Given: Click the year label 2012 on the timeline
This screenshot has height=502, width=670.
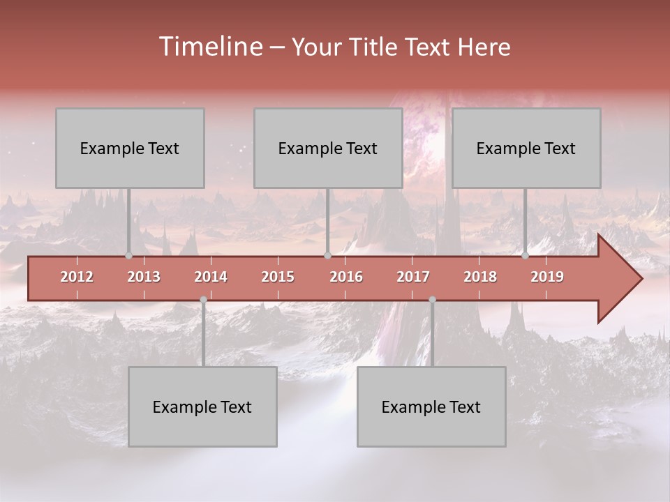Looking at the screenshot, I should click(x=77, y=277).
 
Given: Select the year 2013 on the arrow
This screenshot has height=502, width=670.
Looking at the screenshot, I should click(x=144, y=277).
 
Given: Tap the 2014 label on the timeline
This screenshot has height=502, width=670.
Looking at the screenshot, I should click(x=211, y=277).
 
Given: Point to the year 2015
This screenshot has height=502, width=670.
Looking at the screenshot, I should click(x=278, y=277).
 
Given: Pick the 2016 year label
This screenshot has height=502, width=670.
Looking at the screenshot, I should click(x=346, y=277).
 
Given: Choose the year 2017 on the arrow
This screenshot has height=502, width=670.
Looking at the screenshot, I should click(x=413, y=277).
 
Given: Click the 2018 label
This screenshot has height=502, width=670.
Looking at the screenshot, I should click(x=480, y=277).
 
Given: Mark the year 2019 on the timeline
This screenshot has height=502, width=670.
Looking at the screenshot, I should click(x=547, y=277).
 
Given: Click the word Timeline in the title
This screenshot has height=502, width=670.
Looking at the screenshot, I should click(x=210, y=47).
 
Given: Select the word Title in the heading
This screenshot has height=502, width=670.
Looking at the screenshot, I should click(x=374, y=47).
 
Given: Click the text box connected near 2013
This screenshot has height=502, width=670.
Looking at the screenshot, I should click(x=130, y=148).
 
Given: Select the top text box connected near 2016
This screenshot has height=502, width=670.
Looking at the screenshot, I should click(x=328, y=148).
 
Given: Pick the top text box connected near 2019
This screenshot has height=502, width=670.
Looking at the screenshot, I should click(x=526, y=148).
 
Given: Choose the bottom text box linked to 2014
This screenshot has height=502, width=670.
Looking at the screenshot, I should click(x=202, y=406).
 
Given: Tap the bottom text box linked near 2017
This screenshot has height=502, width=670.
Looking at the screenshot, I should click(x=431, y=406).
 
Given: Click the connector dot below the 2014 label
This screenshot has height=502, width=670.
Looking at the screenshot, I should click(x=203, y=299).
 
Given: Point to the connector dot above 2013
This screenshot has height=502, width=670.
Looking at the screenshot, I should click(x=128, y=255).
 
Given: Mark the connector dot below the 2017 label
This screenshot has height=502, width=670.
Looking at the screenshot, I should click(x=432, y=299).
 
